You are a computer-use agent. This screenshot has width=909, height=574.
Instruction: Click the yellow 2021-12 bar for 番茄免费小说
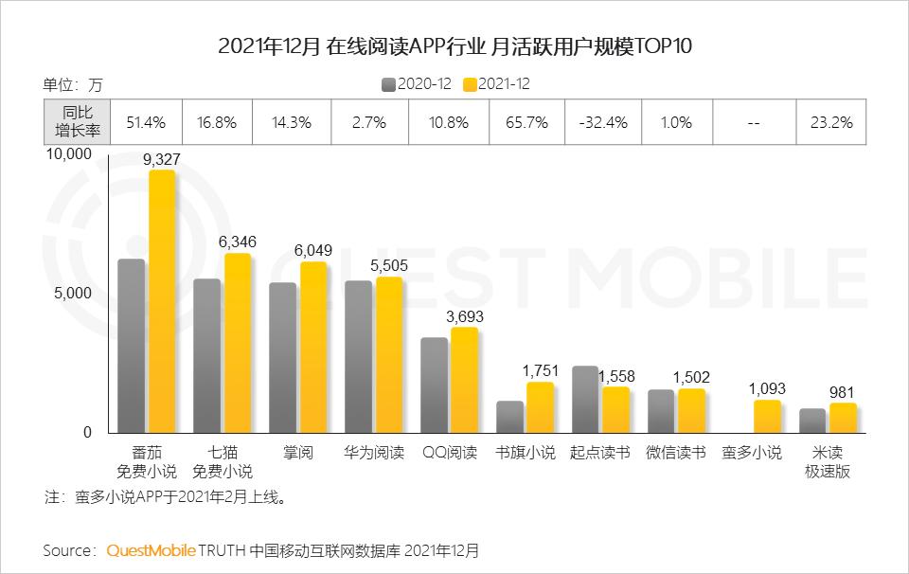coord(162,301)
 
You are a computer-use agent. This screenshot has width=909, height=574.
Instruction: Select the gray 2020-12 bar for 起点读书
coord(585,399)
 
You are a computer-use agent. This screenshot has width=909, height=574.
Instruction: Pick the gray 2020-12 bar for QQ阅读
coord(434,385)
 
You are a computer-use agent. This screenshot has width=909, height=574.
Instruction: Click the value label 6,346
coord(237,242)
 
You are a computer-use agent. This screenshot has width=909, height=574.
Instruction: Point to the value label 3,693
coord(464,316)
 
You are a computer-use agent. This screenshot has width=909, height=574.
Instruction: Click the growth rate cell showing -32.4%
coord(604,123)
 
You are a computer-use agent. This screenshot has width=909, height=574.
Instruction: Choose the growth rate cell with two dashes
coord(755,123)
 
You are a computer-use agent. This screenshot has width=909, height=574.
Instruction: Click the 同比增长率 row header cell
coord(75,123)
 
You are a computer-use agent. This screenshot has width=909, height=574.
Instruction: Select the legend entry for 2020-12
coord(416,83)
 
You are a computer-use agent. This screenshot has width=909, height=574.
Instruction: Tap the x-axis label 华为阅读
coord(373,453)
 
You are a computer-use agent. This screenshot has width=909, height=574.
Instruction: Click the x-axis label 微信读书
coord(676,453)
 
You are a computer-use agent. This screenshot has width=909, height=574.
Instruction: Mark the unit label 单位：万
coord(73,83)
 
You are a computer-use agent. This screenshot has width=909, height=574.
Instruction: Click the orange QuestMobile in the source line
coord(151,550)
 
